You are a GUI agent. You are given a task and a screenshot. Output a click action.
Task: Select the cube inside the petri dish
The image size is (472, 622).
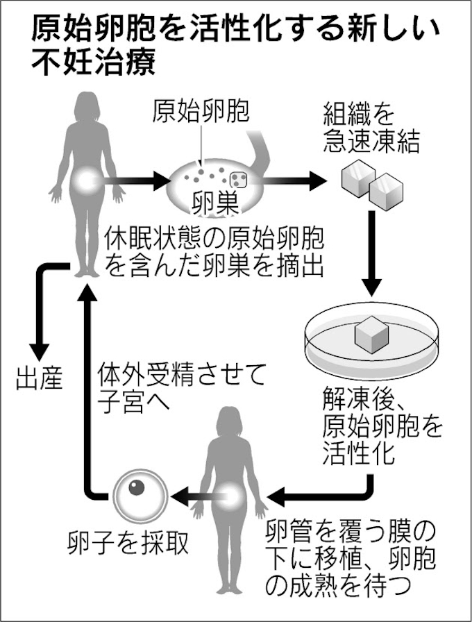tap(374, 338)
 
